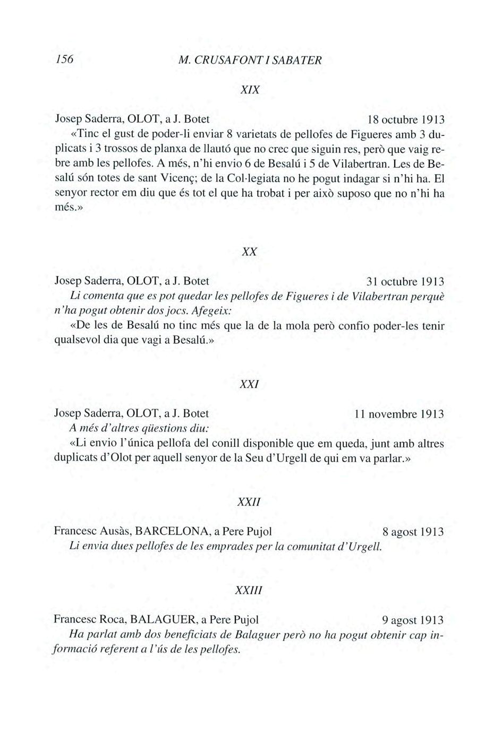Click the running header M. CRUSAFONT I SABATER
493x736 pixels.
coord(250,60)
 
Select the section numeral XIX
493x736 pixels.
coord(250,90)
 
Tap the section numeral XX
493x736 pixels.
coord(249,252)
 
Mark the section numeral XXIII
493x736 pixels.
coord(249,591)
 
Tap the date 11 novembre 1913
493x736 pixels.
coord(399,414)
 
